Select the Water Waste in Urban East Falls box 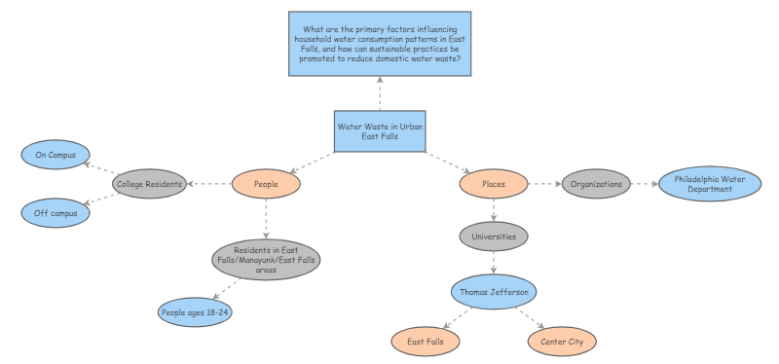(380, 131)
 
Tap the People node (266, 183)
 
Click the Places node (494, 183)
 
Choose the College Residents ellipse (149, 183)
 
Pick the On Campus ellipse (56, 154)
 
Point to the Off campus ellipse (56, 211)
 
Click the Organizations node (596, 183)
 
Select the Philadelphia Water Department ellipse (710, 183)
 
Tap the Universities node (494, 236)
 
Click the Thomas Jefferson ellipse (494, 290)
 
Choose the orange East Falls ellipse (426, 342)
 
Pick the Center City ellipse (562, 342)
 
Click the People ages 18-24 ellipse (196, 311)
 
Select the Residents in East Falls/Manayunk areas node (266, 260)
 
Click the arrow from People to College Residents (208, 183)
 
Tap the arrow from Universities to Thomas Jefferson (494, 263)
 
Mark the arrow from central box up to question (380, 94)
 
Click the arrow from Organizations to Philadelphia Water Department (645, 183)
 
